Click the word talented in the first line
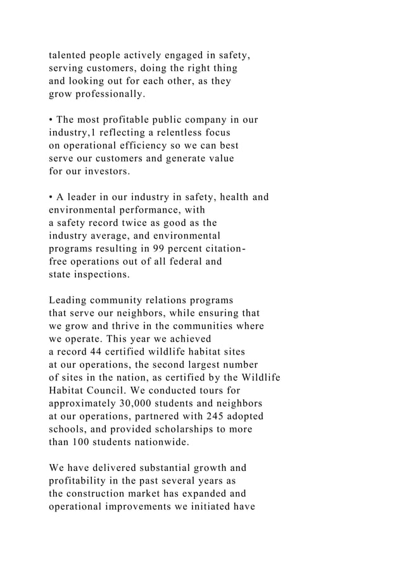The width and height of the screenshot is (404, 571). [70, 55]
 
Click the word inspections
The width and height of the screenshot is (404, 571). [106, 275]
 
